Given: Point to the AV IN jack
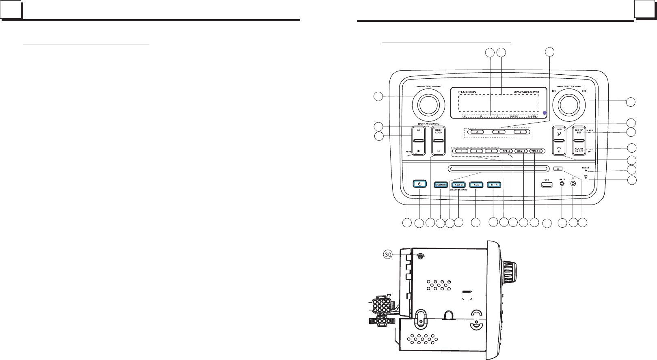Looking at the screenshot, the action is tap(562, 183).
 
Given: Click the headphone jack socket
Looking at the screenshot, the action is tap(573, 183).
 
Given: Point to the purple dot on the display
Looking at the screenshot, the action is tap(545, 112).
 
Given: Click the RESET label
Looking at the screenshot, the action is tap(585, 167).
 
